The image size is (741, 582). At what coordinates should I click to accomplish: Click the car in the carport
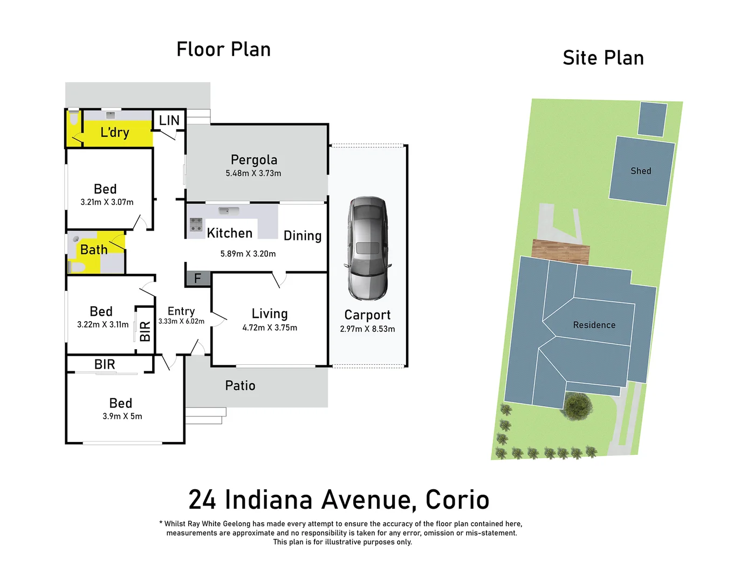point(367,248)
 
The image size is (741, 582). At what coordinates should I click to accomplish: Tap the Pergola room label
point(253,160)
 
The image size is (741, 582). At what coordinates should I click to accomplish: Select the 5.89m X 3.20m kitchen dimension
point(248,254)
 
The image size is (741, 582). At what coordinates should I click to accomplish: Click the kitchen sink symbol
point(229,211)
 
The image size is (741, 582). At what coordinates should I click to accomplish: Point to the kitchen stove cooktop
point(196,224)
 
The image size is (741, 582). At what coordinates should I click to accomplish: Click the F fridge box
point(197,279)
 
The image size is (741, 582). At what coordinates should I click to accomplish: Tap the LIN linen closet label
point(169,121)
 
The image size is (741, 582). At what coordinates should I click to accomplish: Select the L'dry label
point(115,133)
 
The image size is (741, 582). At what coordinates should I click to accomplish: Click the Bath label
point(94,250)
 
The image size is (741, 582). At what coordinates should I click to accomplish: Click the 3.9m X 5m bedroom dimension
point(122,417)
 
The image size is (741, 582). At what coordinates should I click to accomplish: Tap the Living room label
point(270,314)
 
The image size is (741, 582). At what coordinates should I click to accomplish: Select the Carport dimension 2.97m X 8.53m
point(367,329)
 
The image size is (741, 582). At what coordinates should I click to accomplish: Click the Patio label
point(240,386)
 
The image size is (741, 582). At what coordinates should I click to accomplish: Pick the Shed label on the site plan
point(641,171)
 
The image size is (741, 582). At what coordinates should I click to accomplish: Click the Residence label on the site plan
point(594,325)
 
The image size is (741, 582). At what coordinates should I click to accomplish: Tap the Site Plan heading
point(603,58)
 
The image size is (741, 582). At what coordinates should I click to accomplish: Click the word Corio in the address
point(457,500)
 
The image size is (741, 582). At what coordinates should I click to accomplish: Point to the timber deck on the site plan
point(560,251)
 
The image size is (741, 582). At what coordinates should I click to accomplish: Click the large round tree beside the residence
point(578,405)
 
